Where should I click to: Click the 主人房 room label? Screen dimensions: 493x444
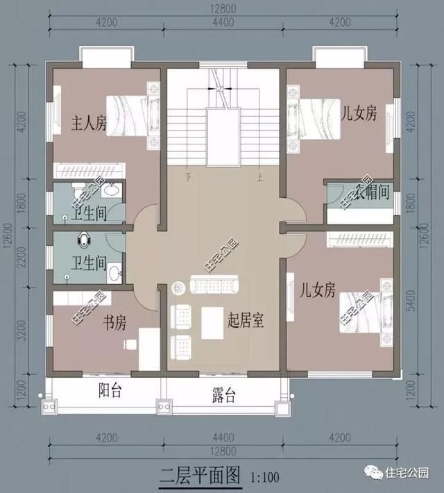click(89, 124)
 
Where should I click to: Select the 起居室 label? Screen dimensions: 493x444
click(248, 320)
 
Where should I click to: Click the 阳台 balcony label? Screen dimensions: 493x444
click(110, 392)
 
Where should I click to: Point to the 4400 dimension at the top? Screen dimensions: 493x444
click(223, 23)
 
